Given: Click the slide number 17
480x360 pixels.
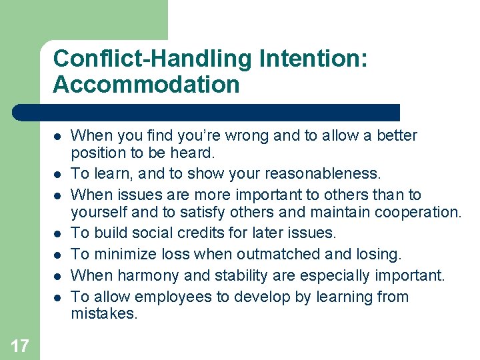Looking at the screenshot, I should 20,345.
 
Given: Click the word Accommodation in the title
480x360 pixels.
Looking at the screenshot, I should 146,85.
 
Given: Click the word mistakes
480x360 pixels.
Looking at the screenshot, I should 103,313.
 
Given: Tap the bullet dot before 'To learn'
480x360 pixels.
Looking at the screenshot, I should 58,175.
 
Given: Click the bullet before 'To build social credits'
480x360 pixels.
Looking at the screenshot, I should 58,233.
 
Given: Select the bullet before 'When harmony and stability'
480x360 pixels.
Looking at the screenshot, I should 58,276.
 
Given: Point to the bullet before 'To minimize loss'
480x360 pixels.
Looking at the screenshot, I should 58,255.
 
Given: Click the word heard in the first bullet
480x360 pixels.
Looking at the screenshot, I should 193,153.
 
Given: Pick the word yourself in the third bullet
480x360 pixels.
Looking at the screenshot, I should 95,212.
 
